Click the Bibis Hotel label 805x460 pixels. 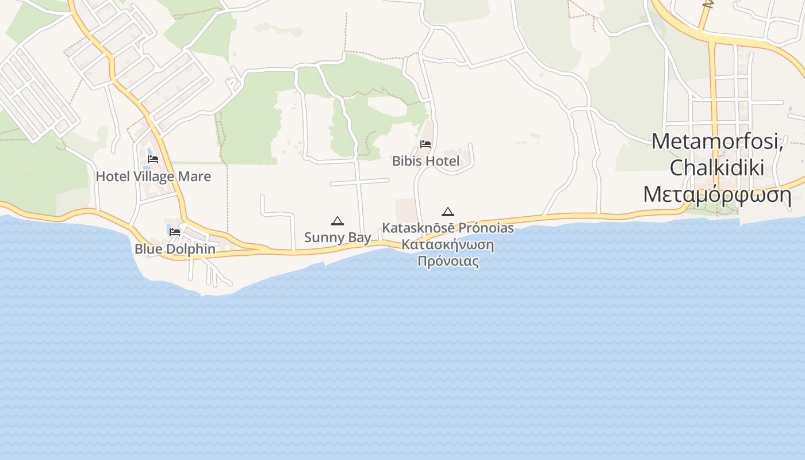click(x=425, y=161)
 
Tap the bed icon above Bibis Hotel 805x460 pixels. click(x=425, y=144)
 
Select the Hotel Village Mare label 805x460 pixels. click(x=153, y=177)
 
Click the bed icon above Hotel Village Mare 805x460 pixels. click(x=153, y=159)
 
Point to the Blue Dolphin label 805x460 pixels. click(x=175, y=249)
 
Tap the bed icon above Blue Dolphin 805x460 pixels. click(x=175, y=232)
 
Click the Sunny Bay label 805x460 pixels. click(x=338, y=237)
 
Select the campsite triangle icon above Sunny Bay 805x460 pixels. click(x=338, y=221)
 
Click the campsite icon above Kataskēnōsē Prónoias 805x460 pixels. click(x=448, y=212)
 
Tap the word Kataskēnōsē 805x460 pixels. click(x=419, y=228)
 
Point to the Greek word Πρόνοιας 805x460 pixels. click(x=448, y=262)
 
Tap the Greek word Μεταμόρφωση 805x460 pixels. click(x=717, y=195)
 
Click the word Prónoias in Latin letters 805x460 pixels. click(x=486, y=228)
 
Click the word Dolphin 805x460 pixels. click(x=191, y=249)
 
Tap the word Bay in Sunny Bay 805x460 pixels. click(x=359, y=237)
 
